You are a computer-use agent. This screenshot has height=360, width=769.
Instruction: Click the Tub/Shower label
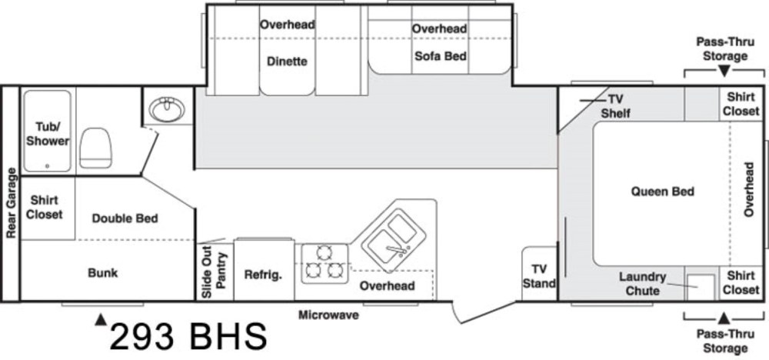48,134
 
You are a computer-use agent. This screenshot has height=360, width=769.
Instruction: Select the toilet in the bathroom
95,145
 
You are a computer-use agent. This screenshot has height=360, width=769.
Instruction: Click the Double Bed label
125,218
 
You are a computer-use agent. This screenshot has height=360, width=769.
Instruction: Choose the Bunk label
102,272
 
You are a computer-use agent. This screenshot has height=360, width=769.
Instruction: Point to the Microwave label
329,315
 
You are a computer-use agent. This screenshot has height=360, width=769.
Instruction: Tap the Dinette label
288,62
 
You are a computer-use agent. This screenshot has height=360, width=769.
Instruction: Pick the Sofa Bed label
441,56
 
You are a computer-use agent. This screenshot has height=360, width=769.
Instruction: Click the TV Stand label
539,276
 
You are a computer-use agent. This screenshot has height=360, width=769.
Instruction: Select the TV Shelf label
616,106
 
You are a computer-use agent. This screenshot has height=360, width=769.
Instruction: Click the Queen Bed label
662,192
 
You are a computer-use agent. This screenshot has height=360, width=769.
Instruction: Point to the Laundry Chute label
643,284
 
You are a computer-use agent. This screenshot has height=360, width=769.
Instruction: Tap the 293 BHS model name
188,336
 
